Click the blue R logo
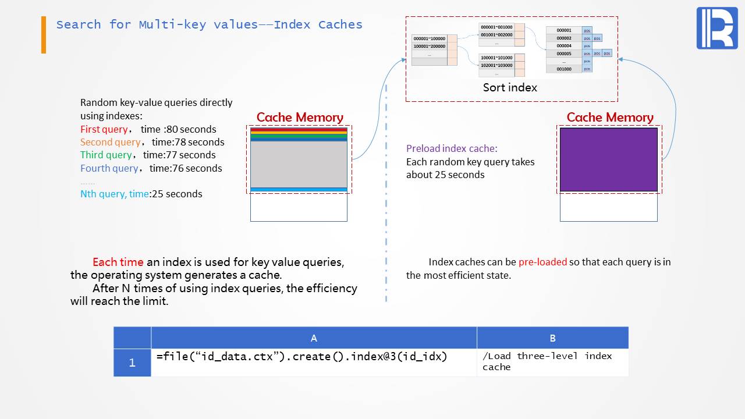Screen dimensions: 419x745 click(x=716, y=28)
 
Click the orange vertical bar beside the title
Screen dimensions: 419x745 click(x=44, y=35)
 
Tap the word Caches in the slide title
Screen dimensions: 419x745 click(x=340, y=24)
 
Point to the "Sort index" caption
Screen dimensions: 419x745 click(x=510, y=87)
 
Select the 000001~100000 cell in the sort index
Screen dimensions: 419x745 click(x=429, y=38)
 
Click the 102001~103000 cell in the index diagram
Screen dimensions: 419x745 click(x=496, y=65)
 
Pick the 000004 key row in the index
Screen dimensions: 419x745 click(x=563, y=45)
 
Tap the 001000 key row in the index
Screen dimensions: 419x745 click(x=563, y=69)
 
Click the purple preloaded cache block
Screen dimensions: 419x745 click(x=608, y=159)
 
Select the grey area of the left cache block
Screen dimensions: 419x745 click(x=299, y=164)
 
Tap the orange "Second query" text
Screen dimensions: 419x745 click(x=110, y=142)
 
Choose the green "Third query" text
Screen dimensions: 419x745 click(x=106, y=155)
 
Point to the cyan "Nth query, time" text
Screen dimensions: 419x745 click(x=115, y=194)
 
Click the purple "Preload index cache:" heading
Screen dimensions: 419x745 click(x=452, y=148)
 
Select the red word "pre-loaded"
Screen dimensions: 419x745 click(x=542, y=262)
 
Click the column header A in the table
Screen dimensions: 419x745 click(x=314, y=338)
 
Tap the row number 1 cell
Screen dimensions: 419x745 click(x=132, y=363)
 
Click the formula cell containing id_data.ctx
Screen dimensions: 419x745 click(x=301, y=356)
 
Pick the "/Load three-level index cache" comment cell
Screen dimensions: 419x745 click(x=547, y=361)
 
